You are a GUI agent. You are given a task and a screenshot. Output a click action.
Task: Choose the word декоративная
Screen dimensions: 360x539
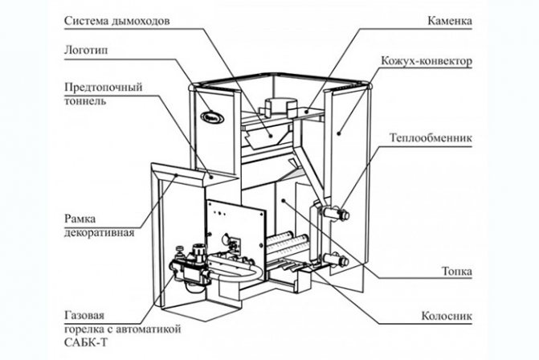98,232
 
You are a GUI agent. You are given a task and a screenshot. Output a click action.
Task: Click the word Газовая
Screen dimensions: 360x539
84,316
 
